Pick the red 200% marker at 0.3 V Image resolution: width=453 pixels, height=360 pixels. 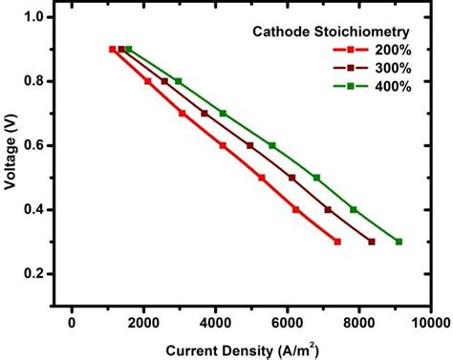point(337,242)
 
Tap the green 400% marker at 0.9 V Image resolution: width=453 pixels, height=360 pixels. point(129,50)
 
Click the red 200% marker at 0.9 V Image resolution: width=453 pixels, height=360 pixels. point(113,50)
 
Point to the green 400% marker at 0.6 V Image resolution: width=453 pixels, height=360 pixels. point(272,145)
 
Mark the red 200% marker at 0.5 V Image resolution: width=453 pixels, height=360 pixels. point(261,178)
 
